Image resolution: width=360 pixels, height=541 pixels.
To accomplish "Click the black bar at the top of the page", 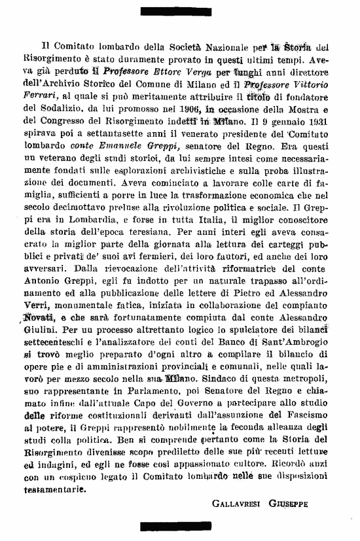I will (x=179, y=9).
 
